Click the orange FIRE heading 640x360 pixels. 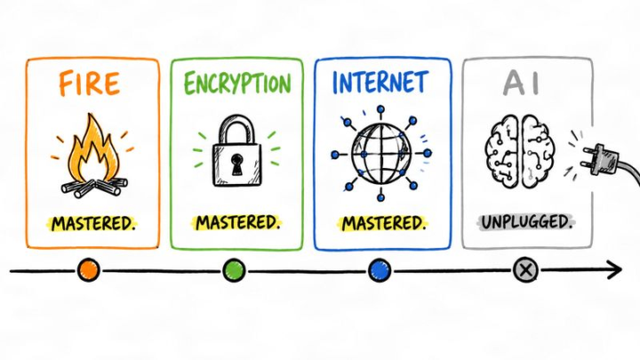pyautogui.click(x=90, y=84)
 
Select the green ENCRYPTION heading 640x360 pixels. pyautogui.click(x=237, y=84)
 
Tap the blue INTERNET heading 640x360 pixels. pyautogui.click(x=380, y=82)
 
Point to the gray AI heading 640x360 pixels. pyautogui.click(x=522, y=83)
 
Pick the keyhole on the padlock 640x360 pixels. pyautogui.click(x=236, y=164)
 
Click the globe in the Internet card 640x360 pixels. pyautogui.click(x=381, y=154)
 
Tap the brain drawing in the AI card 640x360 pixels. pyautogui.click(x=520, y=151)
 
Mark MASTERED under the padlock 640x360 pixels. pyautogui.click(x=237, y=223)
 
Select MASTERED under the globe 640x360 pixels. pyautogui.click(x=383, y=224)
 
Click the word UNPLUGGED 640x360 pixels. pyautogui.click(x=526, y=222)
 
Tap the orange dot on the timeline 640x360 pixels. pyautogui.click(x=89, y=270)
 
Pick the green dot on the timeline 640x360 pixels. pyautogui.click(x=234, y=270)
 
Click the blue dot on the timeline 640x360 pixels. pyautogui.click(x=380, y=270)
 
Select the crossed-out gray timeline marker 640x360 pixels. pyautogui.click(x=525, y=270)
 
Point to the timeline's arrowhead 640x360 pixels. pyautogui.click(x=615, y=269)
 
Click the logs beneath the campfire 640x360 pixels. pyautogui.click(x=95, y=187)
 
